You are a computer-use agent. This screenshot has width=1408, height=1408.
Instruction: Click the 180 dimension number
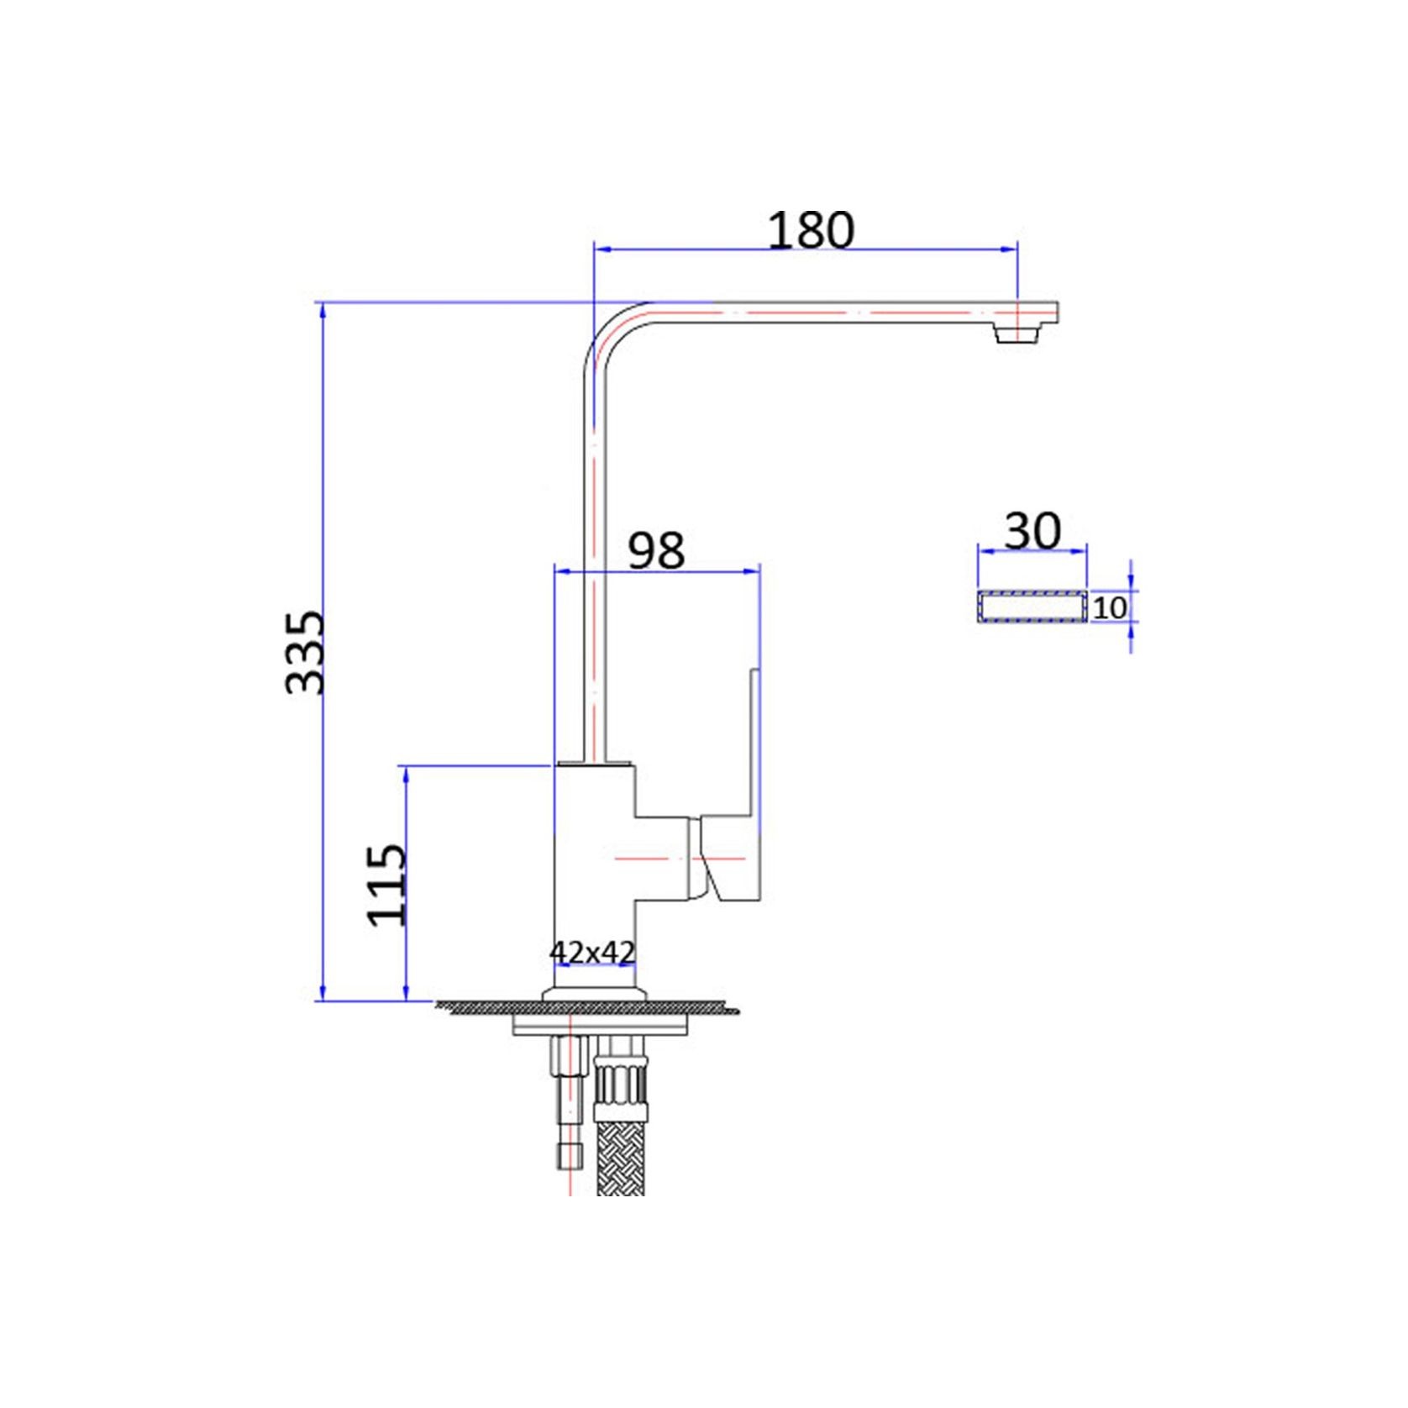[811, 229]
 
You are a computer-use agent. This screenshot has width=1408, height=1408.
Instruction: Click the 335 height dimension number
[303, 652]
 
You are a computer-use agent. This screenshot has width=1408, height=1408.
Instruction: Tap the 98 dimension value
[657, 551]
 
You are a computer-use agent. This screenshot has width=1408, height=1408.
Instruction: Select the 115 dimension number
[387, 885]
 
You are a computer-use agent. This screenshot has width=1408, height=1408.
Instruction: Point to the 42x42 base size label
[592, 953]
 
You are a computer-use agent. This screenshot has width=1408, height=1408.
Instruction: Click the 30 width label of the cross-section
[1032, 531]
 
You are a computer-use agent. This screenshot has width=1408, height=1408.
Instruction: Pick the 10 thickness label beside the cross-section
[1110, 607]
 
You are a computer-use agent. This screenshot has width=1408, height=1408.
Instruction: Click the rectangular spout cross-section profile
[1032, 607]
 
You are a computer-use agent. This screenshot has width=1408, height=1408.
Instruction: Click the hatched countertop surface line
[588, 1006]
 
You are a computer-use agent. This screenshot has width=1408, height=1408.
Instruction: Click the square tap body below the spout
[595, 874]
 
